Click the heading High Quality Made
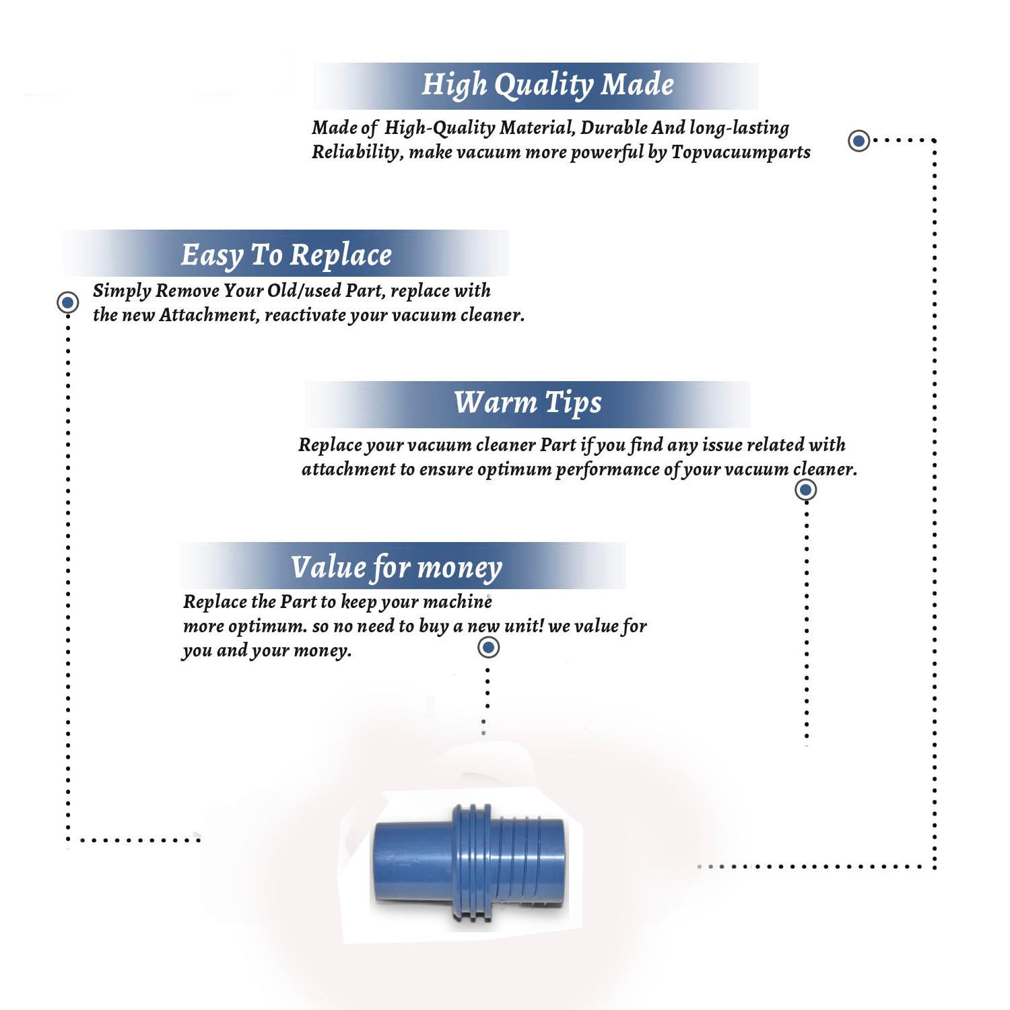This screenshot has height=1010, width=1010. click(x=547, y=86)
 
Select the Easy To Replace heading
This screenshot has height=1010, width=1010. click(x=286, y=256)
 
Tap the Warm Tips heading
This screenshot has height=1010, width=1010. click(x=527, y=403)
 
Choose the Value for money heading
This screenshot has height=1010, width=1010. click(x=397, y=568)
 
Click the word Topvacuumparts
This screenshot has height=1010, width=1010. click(x=741, y=153)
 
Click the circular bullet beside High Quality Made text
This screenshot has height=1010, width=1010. click(x=858, y=141)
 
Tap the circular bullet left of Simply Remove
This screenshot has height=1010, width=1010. click(x=67, y=302)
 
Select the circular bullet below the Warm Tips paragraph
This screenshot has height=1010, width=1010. click(x=805, y=490)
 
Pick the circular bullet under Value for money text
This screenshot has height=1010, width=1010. click(x=488, y=647)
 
